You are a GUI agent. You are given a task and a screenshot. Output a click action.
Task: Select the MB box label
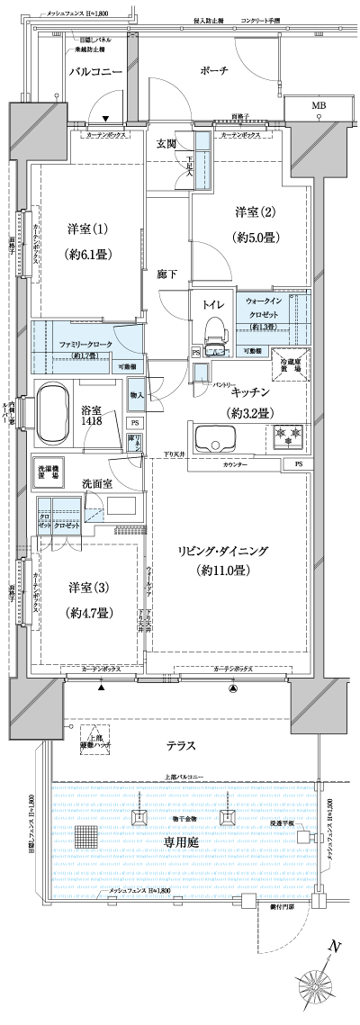click(x=319, y=107)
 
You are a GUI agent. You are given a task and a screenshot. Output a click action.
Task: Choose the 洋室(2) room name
click(x=254, y=212)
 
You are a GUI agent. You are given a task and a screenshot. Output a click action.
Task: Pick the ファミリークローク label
click(x=85, y=345)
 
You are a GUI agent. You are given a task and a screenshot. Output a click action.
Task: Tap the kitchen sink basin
click(x=219, y=441)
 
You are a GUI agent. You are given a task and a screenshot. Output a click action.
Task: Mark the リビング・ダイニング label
click(x=223, y=551)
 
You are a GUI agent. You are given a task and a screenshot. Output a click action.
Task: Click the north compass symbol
click(x=323, y=989)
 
